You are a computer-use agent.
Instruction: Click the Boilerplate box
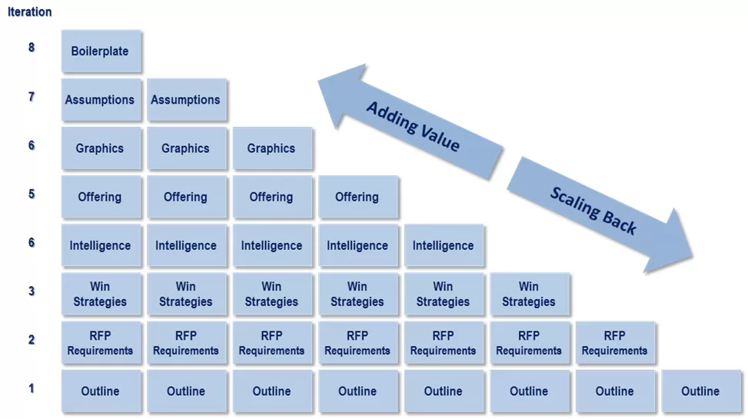pos(101,52)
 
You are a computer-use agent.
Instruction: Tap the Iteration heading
pos(30,12)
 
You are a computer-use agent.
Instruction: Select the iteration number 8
pos(32,48)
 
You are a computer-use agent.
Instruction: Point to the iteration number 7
pos(32,97)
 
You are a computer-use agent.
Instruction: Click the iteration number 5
pos(32,194)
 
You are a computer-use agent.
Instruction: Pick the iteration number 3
pos(32,291)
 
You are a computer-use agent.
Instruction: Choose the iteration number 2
pos(32,340)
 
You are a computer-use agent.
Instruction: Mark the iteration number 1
pos(32,388)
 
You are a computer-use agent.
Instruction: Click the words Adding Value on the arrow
pos(413,126)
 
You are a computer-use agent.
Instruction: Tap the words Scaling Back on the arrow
pos(593,210)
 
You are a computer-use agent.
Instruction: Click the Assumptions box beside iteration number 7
pos(101,100)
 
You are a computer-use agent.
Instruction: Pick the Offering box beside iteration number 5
pos(101,197)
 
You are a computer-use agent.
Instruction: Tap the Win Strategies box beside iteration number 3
pos(101,294)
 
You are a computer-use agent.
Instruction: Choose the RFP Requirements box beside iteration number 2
pos(101,343)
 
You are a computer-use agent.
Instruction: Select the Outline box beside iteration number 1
pos(101,391)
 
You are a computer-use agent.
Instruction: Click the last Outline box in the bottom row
pos(700,391)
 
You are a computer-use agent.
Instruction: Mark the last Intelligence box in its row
pos(444,246)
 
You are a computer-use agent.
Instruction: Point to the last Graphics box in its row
pos(271,148)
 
